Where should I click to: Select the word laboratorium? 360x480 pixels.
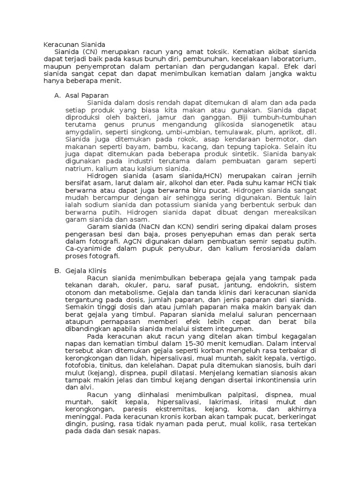(x=295, y=59)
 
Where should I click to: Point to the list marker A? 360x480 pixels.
(x=58, y=96)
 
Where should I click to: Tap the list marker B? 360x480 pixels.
(x=58, y=271)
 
